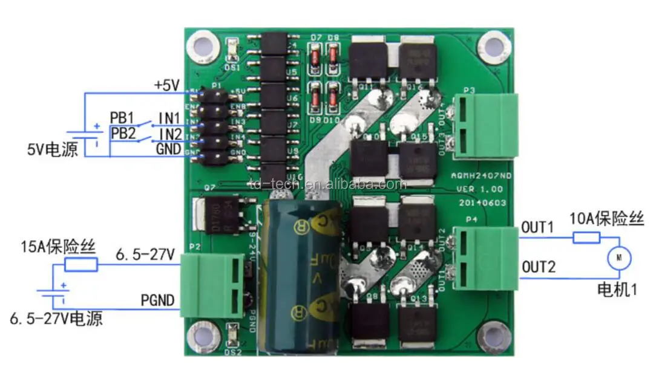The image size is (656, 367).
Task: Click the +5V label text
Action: point(166,85)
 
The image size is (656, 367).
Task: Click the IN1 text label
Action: point(169,117)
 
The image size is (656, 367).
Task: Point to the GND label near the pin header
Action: point(169,149)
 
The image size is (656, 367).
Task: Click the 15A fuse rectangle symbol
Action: point(80,264)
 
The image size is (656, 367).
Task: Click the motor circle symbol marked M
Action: point(618,258)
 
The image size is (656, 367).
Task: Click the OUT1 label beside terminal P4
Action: point(537,227)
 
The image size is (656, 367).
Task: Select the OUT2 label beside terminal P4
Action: point(537,266)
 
